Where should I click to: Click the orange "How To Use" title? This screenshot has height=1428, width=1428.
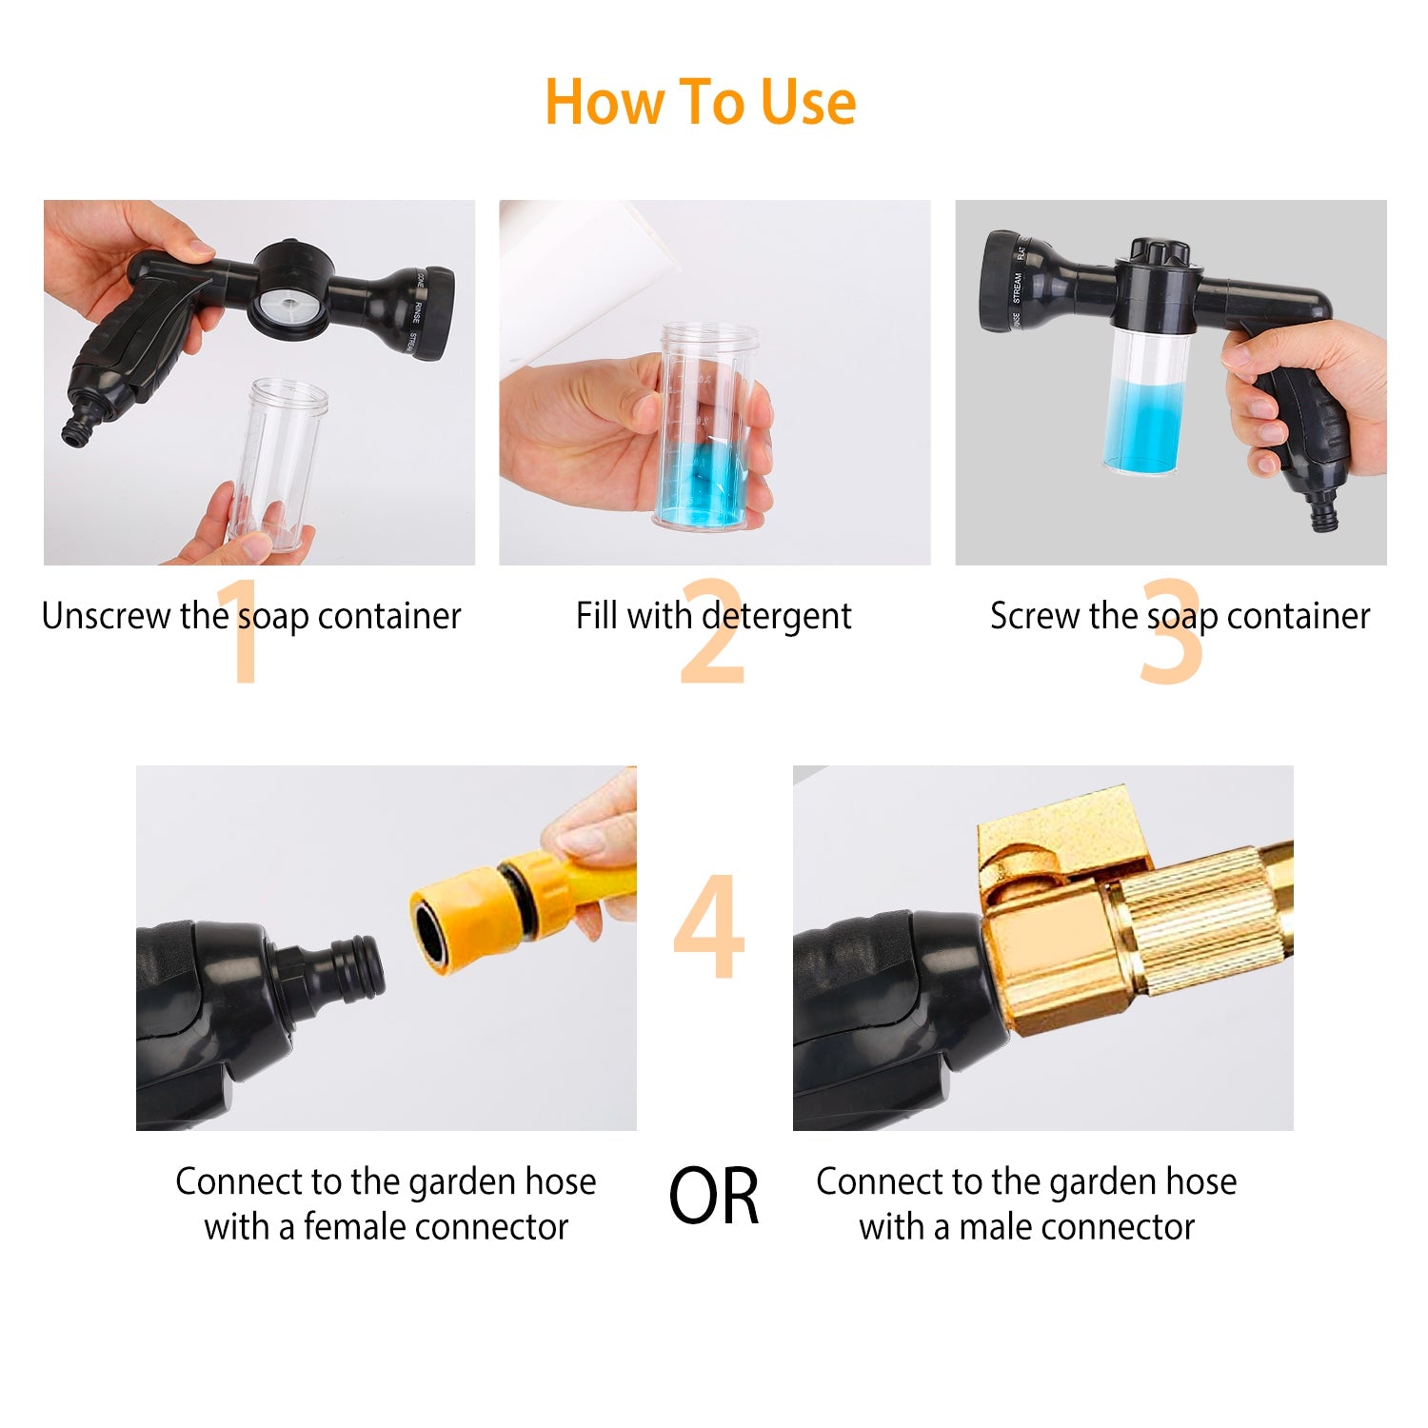pyautogui.click(x=700, y=102)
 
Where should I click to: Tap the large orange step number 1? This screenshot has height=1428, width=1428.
pyautogui.click(x=243, y=633)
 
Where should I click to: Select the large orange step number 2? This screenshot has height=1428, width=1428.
pyautogui.click(x=712, y=633)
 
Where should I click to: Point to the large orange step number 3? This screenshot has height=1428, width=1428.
pyautogui.click(x=1171, y=633)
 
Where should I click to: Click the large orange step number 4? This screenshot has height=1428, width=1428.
pyautogui.click(x=709, y=928)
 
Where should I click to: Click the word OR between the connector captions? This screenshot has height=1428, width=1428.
pyautogui.click(x=714, y=1198)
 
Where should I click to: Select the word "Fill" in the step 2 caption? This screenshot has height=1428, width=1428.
pyautogui.click(x=597, y=616)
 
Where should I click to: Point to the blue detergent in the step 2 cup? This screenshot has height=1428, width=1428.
pyautogui.click(x=702, y=486)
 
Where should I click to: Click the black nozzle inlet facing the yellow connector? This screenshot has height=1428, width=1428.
pyautogui.click(x=347, y=971)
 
